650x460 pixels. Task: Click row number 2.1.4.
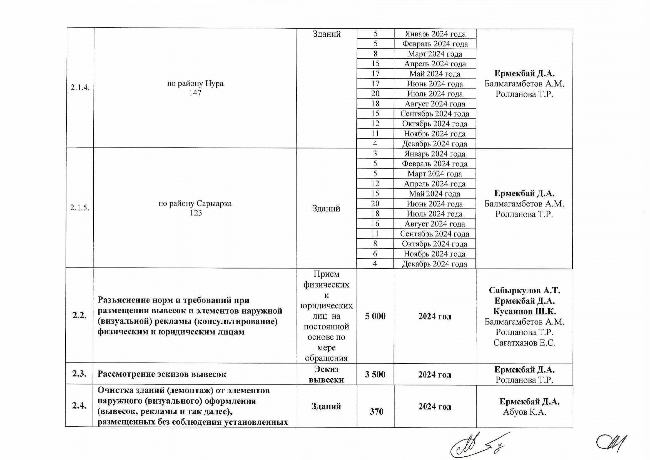point(80,88)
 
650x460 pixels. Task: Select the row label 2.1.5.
point(80,208)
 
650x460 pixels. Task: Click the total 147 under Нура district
point(195,92)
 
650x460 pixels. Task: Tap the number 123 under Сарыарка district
point(196,213)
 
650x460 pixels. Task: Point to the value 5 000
point(375,316)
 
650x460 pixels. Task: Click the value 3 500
point(375,374)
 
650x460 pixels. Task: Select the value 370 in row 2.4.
point(376,411)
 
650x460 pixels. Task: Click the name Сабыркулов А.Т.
point(524,290)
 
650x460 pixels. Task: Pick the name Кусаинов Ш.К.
point(524,311)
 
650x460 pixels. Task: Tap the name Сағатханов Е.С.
point(524,343)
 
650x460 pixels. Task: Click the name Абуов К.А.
point(524,412)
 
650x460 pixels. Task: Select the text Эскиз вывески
point(326,374)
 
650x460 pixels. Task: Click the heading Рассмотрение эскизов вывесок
point(162,374)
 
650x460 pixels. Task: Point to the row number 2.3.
point(79,374)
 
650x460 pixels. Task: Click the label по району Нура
point(195,84)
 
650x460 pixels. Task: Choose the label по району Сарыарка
point(195,203)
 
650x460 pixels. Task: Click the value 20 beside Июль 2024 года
point(375,94)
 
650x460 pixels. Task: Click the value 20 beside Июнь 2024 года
point(375,203)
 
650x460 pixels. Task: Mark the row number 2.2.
point(79,316)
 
